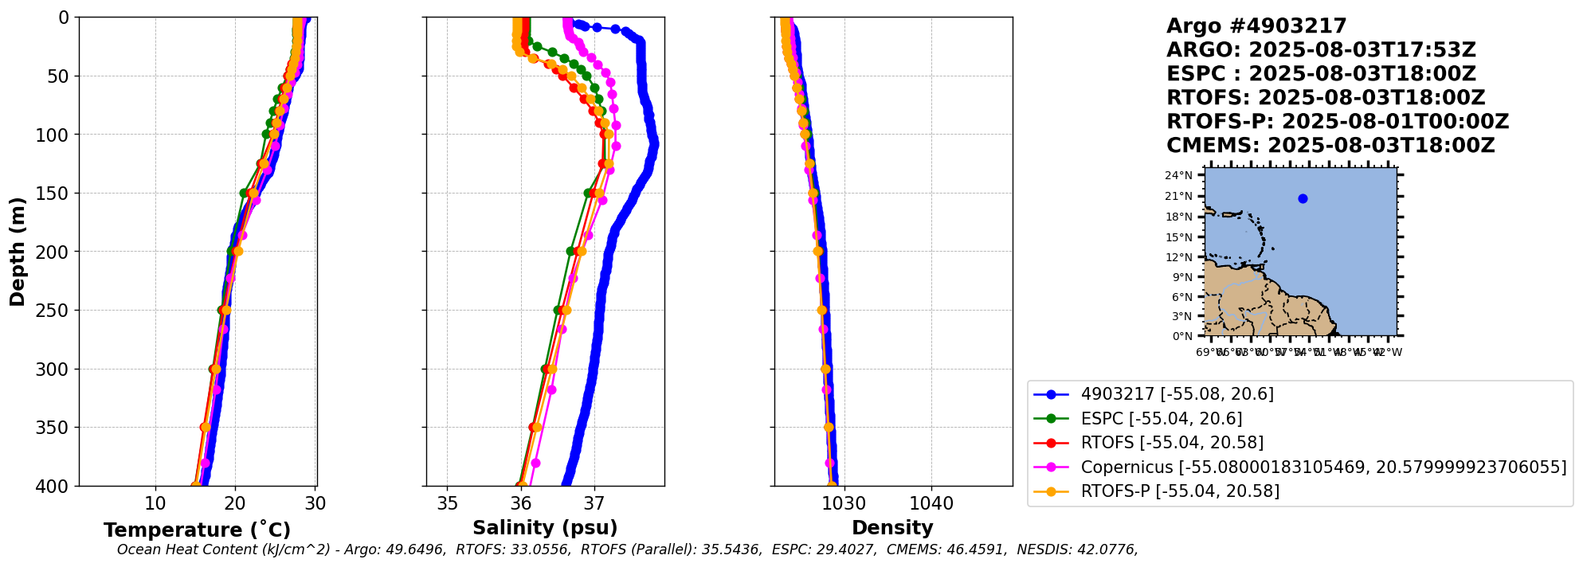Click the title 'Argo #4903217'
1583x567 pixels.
(1256, 26)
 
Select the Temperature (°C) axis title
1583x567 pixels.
(197, 530)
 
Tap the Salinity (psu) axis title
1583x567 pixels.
(545, 528)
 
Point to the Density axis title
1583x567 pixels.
(892, 528)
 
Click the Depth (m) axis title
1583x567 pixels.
(18, 251)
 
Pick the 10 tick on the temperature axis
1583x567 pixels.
(155, 504)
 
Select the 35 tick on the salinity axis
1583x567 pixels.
(448, 504)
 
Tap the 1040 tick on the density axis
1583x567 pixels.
(931, 504)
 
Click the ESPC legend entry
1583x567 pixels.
(1161, 419)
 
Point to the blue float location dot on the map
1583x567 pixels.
(1303, 199)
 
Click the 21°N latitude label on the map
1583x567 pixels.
(1179, 197)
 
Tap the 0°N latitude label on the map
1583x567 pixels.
(1182, 336)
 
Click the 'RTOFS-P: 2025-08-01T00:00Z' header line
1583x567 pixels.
(1338, 122)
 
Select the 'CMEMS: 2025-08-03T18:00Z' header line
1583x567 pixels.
(1330, 146)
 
